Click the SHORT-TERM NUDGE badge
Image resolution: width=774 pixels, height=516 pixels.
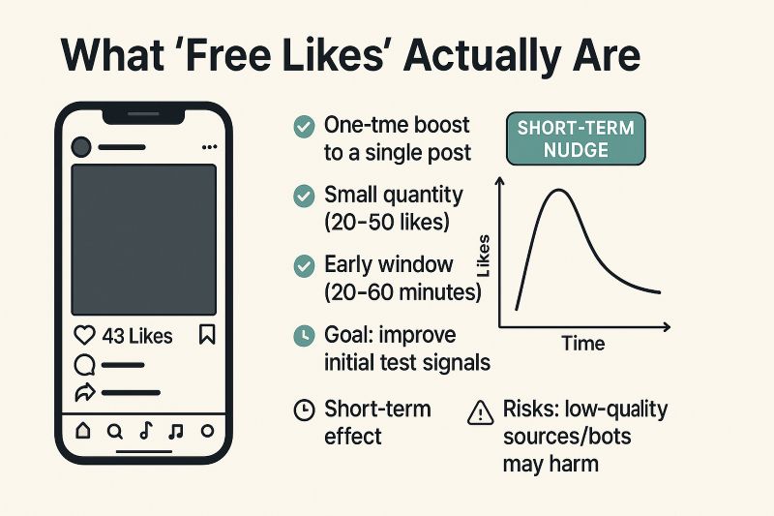click(576, 139)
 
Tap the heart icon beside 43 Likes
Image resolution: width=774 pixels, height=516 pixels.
click(85, 336)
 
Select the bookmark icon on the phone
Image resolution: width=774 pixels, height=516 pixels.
click(207, 336)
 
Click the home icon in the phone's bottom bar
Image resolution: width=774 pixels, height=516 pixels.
click(82, 431)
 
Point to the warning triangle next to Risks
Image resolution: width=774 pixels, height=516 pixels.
click(480, 412)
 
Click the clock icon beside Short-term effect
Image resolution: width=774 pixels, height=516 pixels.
click(304, 410)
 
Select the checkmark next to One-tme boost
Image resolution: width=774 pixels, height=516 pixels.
click(304, 126)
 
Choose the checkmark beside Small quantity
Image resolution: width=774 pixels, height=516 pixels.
click(304, 196)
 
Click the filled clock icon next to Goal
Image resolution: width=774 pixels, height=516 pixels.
click(304, 336)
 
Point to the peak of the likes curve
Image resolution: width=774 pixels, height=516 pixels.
click(557, 192)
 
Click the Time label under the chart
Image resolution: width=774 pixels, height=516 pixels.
click(582, 344)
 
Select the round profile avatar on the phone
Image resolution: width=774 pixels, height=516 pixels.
click(81, 147)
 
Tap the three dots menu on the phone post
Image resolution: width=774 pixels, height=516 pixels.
click(209, 147)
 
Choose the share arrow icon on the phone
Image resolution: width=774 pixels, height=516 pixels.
click(83, 393)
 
